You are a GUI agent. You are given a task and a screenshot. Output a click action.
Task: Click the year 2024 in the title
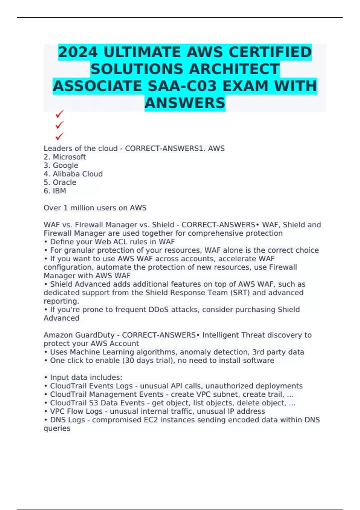(78, 52)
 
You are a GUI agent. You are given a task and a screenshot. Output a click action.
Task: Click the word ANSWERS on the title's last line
(185, 103)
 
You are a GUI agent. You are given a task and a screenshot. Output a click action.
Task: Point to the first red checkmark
(59, 114)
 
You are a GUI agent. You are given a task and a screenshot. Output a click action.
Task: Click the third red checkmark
(59, 136)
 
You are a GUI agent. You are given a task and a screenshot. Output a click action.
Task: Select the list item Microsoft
(69, 157)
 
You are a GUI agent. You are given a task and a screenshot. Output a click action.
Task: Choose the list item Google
(65, 165)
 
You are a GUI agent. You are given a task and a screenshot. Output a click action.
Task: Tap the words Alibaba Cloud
(78, 174)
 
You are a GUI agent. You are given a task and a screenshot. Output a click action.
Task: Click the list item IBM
(59, 191)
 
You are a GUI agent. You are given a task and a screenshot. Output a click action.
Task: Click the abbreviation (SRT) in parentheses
(240, 293)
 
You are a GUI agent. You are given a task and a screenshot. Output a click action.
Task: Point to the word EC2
(151, 420)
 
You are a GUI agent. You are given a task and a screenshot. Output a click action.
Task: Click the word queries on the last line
(57, 428)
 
